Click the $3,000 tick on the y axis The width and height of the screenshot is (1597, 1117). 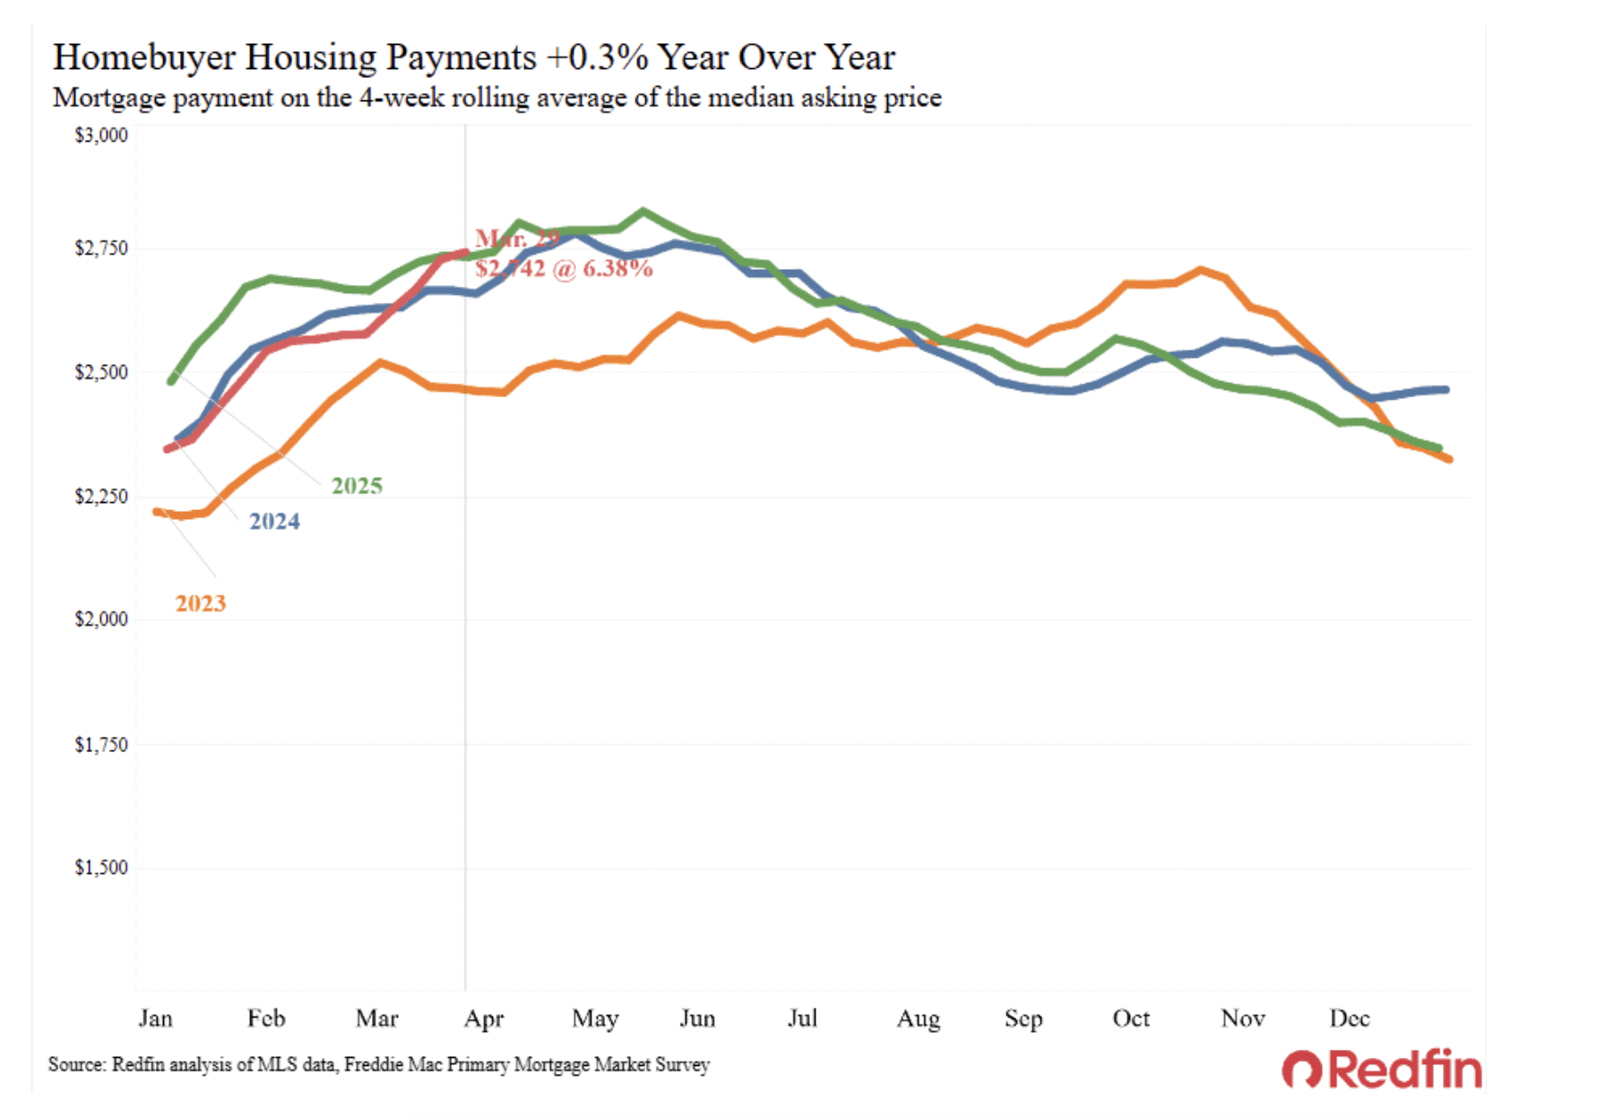coord(100,135)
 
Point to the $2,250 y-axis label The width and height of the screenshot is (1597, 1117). coord(100,496)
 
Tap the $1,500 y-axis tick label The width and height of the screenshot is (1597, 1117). coord(100,868)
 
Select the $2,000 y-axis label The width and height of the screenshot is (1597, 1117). coord(100,619)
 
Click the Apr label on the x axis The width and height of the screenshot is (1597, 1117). coord(484,1019)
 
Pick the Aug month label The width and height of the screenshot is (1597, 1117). coord(919,1019)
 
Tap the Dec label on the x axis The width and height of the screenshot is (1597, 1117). coord(1350,1018)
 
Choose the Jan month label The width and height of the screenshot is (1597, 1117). coord(155,1018)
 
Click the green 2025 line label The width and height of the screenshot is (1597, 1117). coord(357,486)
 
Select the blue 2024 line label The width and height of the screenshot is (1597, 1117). coord(274,522)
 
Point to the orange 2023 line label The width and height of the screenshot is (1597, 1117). coord(201,603)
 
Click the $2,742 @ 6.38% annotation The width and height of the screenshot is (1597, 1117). coord(564,269)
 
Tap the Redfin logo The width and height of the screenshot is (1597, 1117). coord(1382,1069)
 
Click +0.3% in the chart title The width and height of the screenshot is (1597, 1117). coord(597,57)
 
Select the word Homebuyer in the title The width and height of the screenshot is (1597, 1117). coord(143,57)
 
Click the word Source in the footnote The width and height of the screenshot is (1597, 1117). coord(77,1065)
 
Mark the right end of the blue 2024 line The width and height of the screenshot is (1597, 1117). coord(1446,389)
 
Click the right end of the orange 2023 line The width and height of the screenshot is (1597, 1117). coord(1448,459)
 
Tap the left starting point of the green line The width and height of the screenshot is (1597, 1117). coord(171,381)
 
